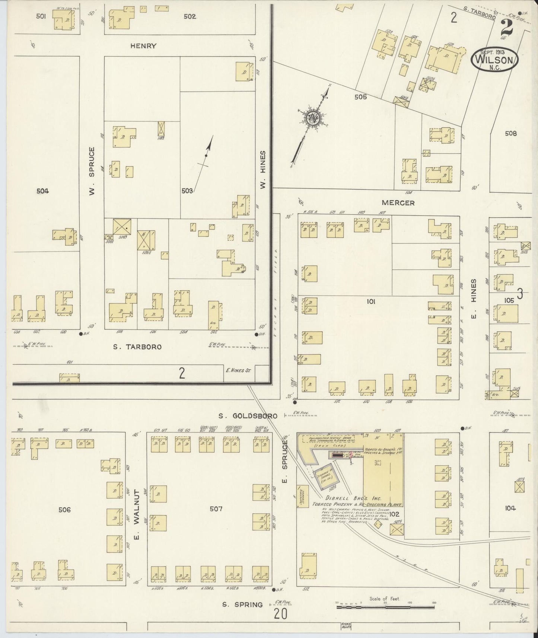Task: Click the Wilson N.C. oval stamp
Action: [x=494, y=60]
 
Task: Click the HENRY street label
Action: [x=143, y=46]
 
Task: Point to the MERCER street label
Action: [x=398, y=203]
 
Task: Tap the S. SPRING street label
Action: [x=243, y=604]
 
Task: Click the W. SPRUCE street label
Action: [x=92, y=171]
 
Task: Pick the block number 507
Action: [x=216, y=508]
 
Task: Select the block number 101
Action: [x=370, y=302]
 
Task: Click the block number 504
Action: [x=42, y=191]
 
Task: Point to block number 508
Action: [x=510, y=134]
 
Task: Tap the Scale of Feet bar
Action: [x=385, y=607]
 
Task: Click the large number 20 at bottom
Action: [x=281, y=613]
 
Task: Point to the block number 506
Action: [x=64, y=510]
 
